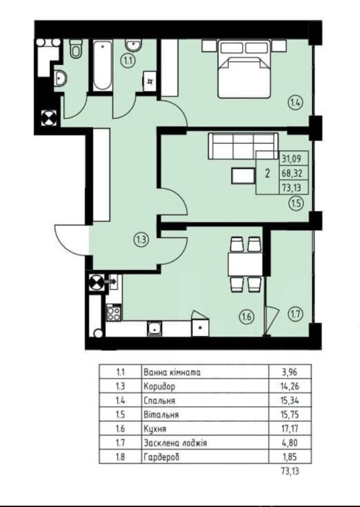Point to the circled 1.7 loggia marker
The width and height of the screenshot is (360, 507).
[295, 313]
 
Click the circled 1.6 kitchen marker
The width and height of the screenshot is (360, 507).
[246, 316]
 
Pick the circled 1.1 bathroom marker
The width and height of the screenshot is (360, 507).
[128, 61]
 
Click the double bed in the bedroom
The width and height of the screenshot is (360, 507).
[244, 69]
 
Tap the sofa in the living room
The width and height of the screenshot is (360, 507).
[243, 146]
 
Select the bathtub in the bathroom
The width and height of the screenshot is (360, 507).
[102, 65]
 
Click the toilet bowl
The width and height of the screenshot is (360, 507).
[76, 48]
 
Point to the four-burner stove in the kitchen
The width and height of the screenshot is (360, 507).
[114, 312]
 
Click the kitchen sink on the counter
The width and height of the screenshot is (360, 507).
[155, 329]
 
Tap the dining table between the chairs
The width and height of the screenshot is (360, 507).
[245, 264]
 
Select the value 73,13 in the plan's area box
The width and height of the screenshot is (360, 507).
[292, 188]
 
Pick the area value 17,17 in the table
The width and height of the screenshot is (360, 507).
[290, 429]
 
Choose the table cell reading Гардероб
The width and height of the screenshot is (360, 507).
[161, 457]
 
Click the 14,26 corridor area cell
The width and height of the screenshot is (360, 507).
[290, 386]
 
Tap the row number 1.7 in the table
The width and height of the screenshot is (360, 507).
[120, 443]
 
